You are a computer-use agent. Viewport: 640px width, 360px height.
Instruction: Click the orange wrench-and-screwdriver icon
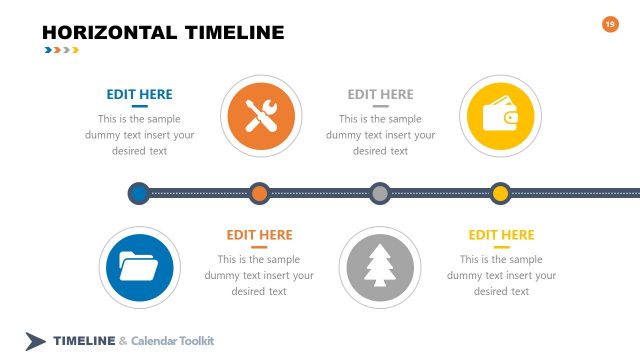tap(259, 117)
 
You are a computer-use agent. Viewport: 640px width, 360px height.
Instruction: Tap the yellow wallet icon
tap(499, 117)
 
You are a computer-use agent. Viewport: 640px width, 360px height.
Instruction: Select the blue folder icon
tap(139, 264)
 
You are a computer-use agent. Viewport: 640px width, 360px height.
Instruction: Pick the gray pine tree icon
tap(379, 264)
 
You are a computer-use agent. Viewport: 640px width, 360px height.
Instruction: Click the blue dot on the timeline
tap(139, 192)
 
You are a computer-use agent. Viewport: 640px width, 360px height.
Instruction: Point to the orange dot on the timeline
tap(259, 192)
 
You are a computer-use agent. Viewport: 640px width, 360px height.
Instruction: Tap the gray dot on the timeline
tap(379, 192)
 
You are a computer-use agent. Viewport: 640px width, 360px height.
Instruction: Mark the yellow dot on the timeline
tap(499, 192)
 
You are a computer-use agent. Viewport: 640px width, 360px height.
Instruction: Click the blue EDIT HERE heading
tap(139, 94)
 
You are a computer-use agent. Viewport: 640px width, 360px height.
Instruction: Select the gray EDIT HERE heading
tap(380, 94)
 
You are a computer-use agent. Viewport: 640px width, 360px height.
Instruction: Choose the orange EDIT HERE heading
tap(259, 235)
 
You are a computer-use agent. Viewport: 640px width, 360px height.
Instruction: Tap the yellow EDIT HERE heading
tap(501, 235)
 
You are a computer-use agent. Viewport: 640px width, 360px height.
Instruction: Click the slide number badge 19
tap(611, 24)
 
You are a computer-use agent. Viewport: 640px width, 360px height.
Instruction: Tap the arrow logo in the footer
tap(36, 341)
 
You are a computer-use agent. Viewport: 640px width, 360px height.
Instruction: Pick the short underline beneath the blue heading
tap(139, 106)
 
